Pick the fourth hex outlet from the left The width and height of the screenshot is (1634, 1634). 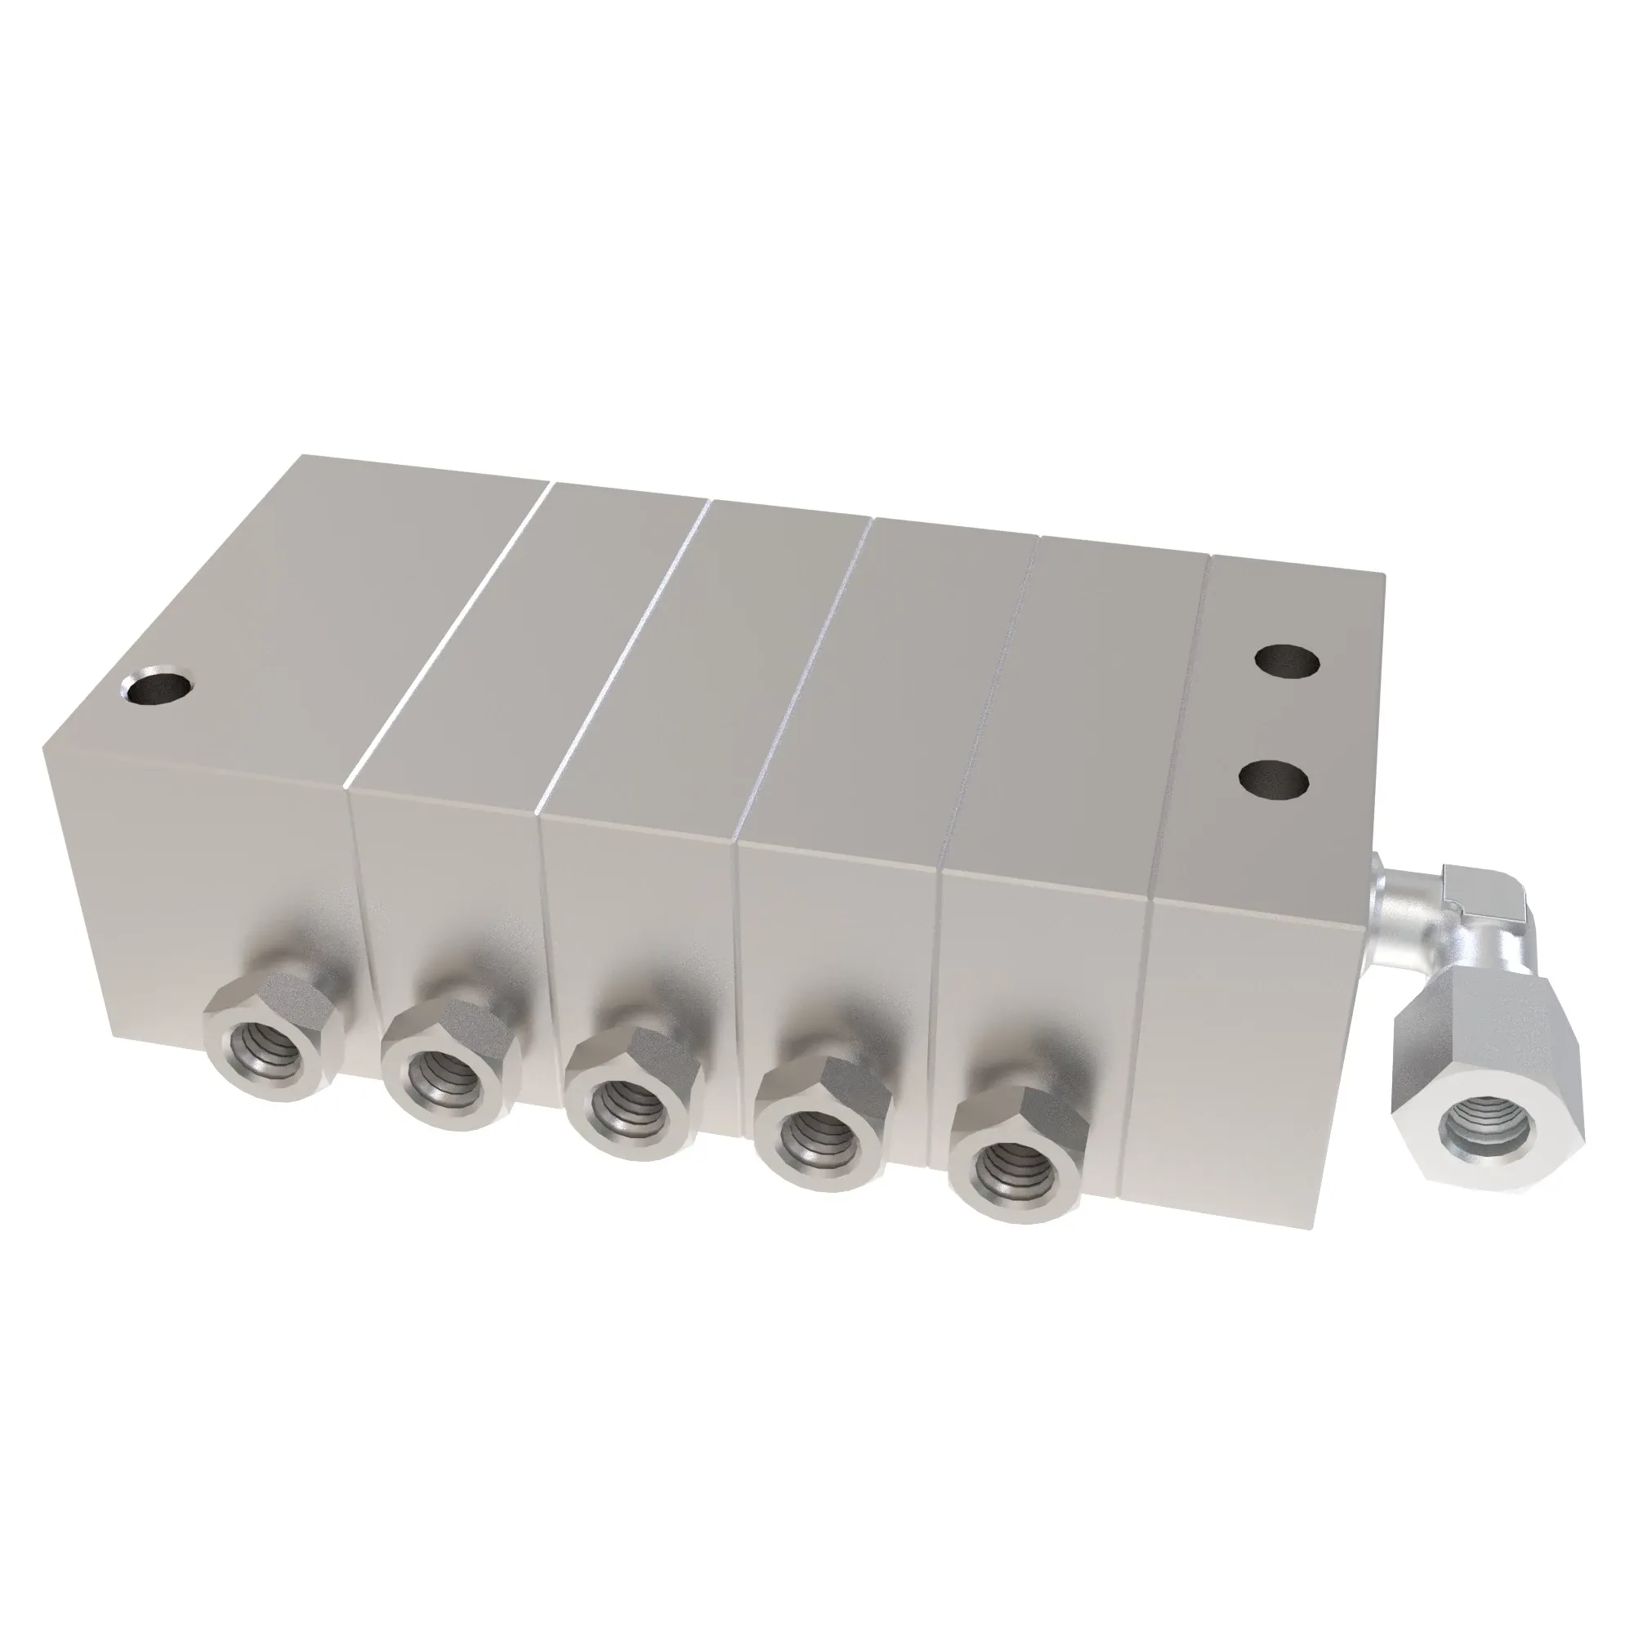tap(823, 1130)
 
